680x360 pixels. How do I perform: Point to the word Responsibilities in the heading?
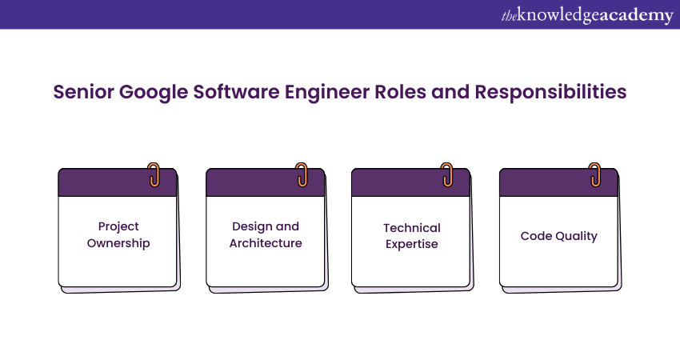pos(550,92)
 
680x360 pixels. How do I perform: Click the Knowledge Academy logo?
pos(586,15)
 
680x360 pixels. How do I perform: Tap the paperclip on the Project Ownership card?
pos(154,175)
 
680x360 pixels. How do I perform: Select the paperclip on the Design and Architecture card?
pos(302,175)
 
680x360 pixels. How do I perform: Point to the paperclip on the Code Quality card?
pos(595,175)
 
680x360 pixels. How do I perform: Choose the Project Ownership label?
pos(118,235)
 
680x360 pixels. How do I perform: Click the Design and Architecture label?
pos(266,235)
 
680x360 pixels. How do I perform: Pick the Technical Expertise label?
pos(411,236)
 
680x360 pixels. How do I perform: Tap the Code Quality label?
pos(558,236)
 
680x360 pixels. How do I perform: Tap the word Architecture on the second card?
pos(266,243)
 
